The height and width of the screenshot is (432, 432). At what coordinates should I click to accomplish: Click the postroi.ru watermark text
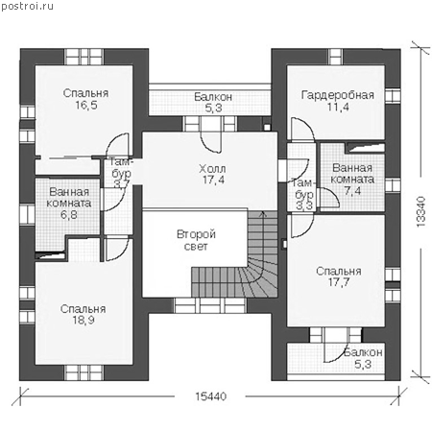[x=28, y=6]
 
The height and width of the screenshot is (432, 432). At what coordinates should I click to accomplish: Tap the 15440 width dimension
[x=210, y=396]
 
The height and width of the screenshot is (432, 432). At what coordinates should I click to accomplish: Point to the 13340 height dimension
[x=421, y=211]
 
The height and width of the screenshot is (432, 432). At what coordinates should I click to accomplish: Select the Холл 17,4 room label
[x=212, y=174]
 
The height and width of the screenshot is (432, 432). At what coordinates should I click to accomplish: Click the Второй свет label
[x=196, y=240]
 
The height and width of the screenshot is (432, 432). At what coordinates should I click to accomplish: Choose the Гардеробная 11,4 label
[x=338, y=101]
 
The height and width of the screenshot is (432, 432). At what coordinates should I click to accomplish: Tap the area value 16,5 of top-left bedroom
[x=86, y=105]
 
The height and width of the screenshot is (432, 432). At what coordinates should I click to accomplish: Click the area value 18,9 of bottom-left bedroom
[x=84, y=320]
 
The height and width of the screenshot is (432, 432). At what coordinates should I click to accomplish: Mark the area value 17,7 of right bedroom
[x=339, y=282]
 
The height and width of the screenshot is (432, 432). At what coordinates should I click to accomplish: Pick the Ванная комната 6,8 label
[x=69, y=204]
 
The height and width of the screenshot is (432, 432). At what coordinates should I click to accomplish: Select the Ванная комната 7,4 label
[x=352, y=180]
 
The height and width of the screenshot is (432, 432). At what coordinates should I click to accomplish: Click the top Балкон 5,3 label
[x=213, y=103]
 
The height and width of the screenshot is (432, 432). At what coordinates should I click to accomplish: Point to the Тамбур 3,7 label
[x=121, y=173]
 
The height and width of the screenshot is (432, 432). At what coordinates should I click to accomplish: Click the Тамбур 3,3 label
[x=303, y=195]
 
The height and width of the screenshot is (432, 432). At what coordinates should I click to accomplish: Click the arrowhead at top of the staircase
[x=263, y=213]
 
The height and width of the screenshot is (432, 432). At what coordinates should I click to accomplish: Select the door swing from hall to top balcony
[x=210, y=141]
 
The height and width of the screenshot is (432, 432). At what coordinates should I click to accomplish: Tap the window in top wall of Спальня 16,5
[x=84, y=57]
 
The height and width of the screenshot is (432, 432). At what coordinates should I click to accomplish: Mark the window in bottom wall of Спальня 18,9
[x=84, y=372]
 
